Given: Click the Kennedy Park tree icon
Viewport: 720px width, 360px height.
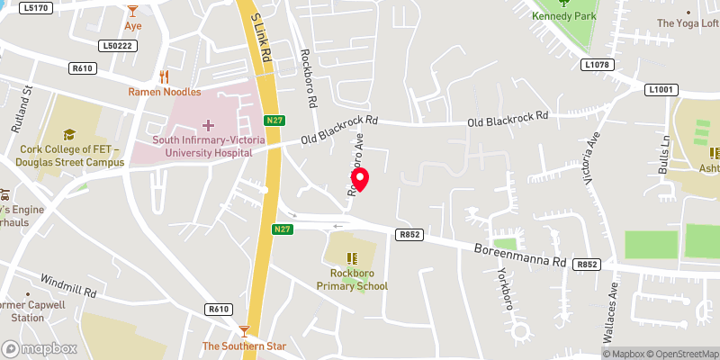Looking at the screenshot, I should (566, 3).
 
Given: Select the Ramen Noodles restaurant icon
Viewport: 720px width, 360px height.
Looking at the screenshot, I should (164, 77).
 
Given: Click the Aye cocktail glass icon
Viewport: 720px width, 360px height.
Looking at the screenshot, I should (133, 11).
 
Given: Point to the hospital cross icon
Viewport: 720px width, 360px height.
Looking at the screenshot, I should (209, 125).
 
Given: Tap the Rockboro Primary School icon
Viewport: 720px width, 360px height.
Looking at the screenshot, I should (351, 258).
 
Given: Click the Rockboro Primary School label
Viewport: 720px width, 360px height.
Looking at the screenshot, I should (352, 280).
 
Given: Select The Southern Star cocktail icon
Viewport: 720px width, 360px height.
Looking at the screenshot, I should (244, 331).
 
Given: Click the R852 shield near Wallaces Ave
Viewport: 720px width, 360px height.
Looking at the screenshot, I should (588, 264).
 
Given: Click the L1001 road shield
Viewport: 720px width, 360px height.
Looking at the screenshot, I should (660, 89).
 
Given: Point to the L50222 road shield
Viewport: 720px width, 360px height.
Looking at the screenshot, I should (117, 45).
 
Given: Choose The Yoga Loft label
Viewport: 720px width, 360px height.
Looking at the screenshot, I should (687, 23).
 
